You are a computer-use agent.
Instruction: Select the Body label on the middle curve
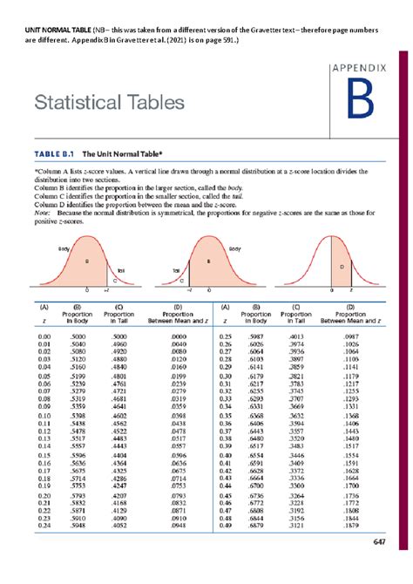click(x=234, y=248)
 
